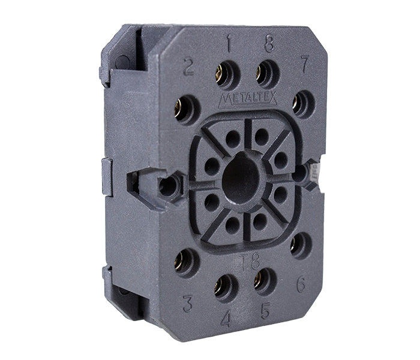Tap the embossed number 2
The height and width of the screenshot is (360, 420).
189,67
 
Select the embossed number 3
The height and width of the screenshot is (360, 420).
188,304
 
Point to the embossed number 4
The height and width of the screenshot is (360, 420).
226,320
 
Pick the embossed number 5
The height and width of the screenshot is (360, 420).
265,311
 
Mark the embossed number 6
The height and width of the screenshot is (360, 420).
301,284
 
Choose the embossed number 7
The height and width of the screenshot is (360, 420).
305,64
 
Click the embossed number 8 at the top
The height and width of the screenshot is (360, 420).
269,43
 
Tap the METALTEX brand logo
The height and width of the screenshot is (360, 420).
247,100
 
